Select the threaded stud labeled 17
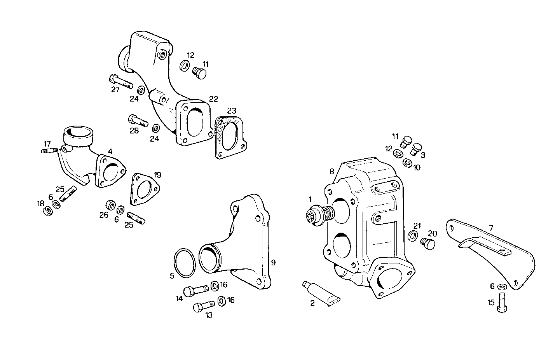(49, 150)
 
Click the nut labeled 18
(49, 211)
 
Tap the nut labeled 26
(110, 205)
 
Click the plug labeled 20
(428, 244)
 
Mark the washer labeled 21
(413, 236)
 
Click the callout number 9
(273, 263)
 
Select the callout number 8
(331, 171)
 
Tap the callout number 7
(491, 228)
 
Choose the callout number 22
(213, 99)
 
